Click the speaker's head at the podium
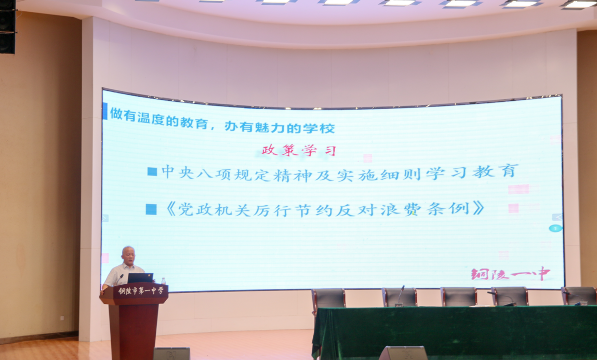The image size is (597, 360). point(128,255)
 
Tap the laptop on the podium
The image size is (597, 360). point(140,278)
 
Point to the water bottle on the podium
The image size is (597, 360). point(163,281)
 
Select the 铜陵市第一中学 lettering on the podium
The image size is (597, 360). point(140,291)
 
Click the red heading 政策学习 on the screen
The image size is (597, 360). point(298,150)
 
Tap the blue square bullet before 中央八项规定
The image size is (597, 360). point(152,171)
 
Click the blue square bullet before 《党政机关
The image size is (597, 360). point(151,209)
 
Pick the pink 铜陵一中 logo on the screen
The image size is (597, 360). point(511,273)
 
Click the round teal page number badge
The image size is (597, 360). point(555,229)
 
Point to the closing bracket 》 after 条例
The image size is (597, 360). point(479,208)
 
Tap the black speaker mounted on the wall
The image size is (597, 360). point(8,26)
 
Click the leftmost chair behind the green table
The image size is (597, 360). point(328,298)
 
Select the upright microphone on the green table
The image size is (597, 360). point(400,296)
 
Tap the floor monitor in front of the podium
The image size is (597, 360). point(171,353)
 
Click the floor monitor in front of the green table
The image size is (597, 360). point(403,353)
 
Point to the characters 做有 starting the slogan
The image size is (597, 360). point(123,114)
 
